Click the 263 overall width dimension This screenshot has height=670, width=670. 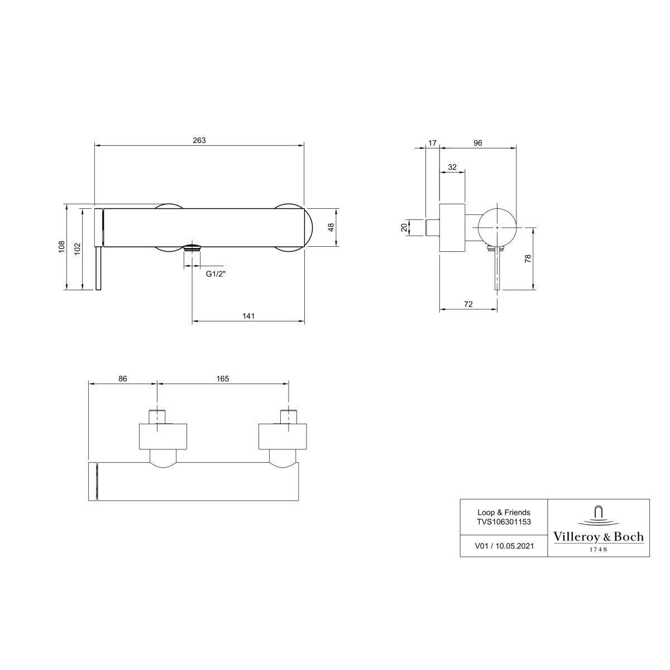click(199, 140)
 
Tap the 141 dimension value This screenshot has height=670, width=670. click(248, 315)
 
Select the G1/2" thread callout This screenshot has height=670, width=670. click(216, 274)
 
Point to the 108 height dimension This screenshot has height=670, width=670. click(62, 247)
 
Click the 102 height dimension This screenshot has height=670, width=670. click(78, 248)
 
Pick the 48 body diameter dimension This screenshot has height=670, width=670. click(331, 227)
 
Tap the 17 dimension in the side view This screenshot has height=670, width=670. click(432, 143)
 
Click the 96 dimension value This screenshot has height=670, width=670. click(478, 143)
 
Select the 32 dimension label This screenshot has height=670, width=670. click(452, 167)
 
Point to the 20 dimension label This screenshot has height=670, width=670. click(404, 227)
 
